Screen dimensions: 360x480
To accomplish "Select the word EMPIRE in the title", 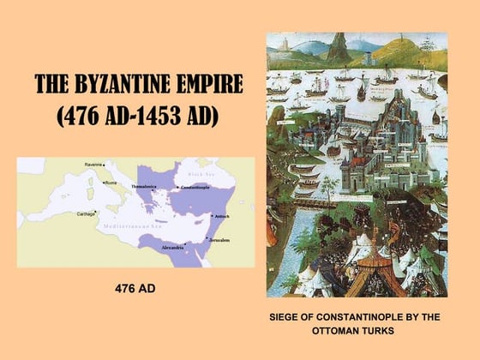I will tap(209, 85).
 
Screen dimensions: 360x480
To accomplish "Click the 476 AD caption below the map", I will tap(135, 288).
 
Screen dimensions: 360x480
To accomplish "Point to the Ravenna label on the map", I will tap(93, 164).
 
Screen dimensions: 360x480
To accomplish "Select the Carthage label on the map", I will tap(86, 213).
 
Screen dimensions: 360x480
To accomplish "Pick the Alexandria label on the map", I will tap(174, 247).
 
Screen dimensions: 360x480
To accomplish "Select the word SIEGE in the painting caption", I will tap(284, 316).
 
